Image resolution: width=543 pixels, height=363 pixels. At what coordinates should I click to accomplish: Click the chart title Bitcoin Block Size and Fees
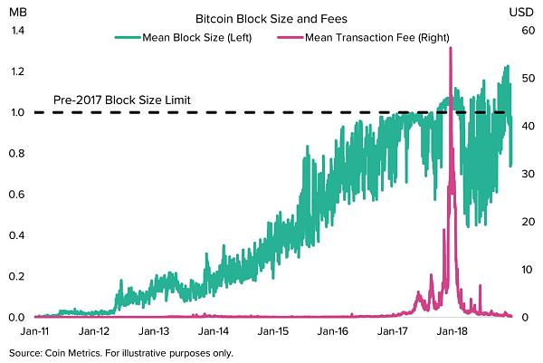(271, 18)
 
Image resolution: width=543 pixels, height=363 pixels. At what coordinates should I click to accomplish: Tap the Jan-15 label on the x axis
(275, 331)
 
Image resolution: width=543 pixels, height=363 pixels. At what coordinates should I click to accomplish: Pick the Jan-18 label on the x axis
(452, 331)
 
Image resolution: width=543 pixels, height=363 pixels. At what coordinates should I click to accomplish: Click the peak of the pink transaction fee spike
(450, 48)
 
